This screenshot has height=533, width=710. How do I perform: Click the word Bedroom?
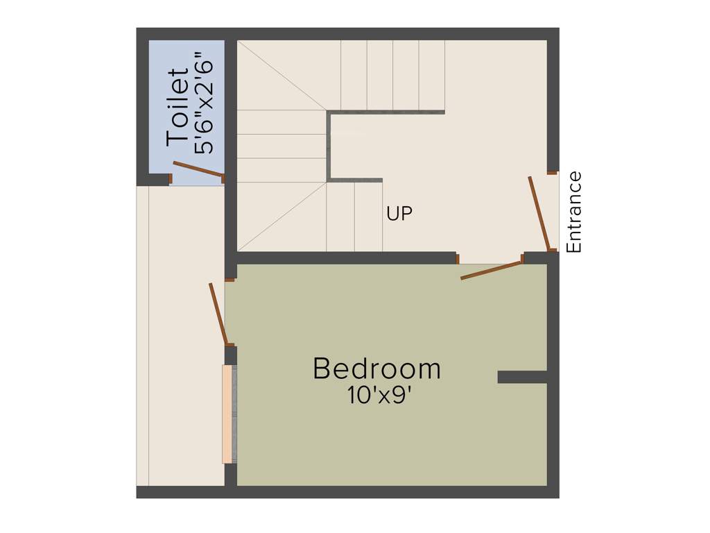pyautogui.click(x=376, y=369)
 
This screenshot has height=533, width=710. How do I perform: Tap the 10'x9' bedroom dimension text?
pyautogui.click(x=381, y=396)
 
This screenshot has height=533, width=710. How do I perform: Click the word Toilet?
pyautogui.click(x=177, y=106)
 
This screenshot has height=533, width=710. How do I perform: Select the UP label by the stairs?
pyautogui.click(x=399, y=214)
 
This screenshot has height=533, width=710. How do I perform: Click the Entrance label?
pyautogui.click(x=574, y=212)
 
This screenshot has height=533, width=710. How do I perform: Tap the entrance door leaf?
pyautogui.click(x=539, y=212)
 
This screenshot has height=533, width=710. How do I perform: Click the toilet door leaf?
pyautogui.click(x=198, y=169)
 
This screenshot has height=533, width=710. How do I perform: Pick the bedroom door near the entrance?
pyautogui.click(x=491, y=270)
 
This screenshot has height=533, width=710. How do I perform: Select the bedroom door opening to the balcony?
pyautogui.click(x=218, y=314)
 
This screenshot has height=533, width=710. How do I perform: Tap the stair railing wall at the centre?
pyautogui.click(x=329, y=146)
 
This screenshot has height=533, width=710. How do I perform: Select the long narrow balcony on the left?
pyautogui.click(x=180, y=333)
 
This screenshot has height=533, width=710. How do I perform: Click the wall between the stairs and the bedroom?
pyautogui.click(x=347, y=257)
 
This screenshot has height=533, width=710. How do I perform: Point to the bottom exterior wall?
pyautogui.click(x=347, y=492)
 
